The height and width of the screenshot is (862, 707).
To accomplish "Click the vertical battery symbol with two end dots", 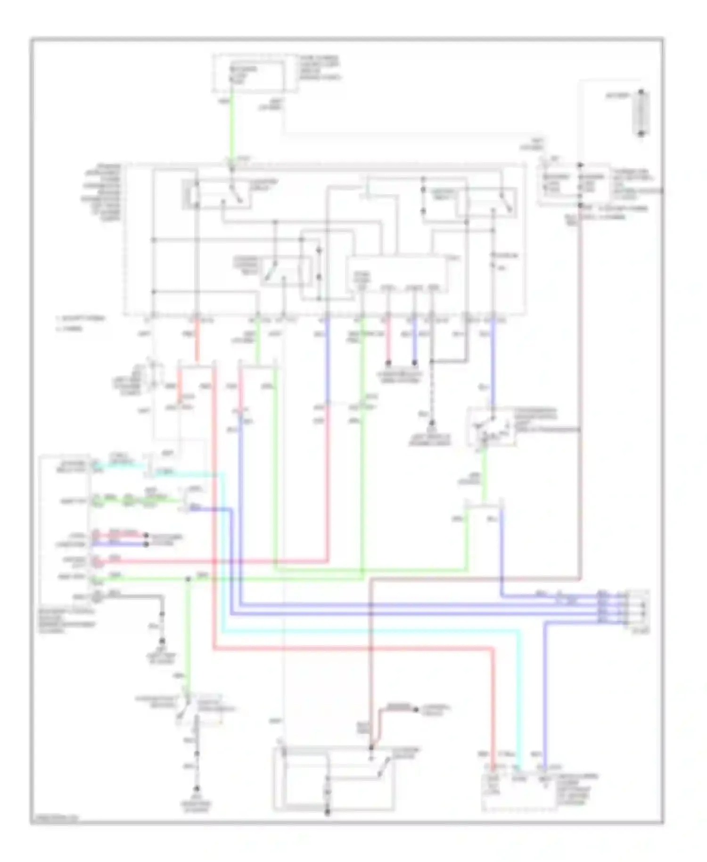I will point(641,113).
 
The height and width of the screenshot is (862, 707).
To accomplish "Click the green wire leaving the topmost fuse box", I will point(231,127).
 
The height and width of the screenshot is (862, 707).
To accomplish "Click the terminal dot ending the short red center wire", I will point(388,364).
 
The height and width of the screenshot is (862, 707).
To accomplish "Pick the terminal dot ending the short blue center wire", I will point(414,364).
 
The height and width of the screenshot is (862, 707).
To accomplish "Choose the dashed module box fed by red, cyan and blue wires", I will point(518,792).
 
